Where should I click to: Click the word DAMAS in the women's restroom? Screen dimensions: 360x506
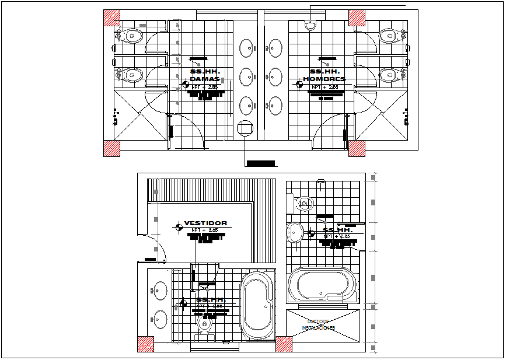click(205, 79)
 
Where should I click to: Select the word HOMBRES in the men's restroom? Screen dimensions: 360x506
click(324, 79)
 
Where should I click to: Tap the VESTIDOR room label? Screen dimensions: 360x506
click(205, 223)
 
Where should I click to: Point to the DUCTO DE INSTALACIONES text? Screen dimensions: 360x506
click(318, 325)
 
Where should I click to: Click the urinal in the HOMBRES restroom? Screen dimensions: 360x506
click(310, 25)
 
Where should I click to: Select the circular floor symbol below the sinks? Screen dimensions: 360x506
click(245, 127)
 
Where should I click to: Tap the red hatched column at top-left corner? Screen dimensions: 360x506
click(111, 18)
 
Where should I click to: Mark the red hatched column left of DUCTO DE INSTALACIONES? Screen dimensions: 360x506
click(284, 344)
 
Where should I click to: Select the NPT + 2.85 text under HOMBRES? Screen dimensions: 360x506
click(325, 87)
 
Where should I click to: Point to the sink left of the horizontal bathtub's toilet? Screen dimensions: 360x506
click(295, 232)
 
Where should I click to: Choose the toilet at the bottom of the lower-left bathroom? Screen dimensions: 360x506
click(204, 324)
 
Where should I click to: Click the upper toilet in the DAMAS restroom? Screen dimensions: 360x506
click(132, 36)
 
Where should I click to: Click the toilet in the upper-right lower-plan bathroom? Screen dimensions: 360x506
click(303, 203)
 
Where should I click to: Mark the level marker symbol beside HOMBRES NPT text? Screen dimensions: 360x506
click(299, 85)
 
